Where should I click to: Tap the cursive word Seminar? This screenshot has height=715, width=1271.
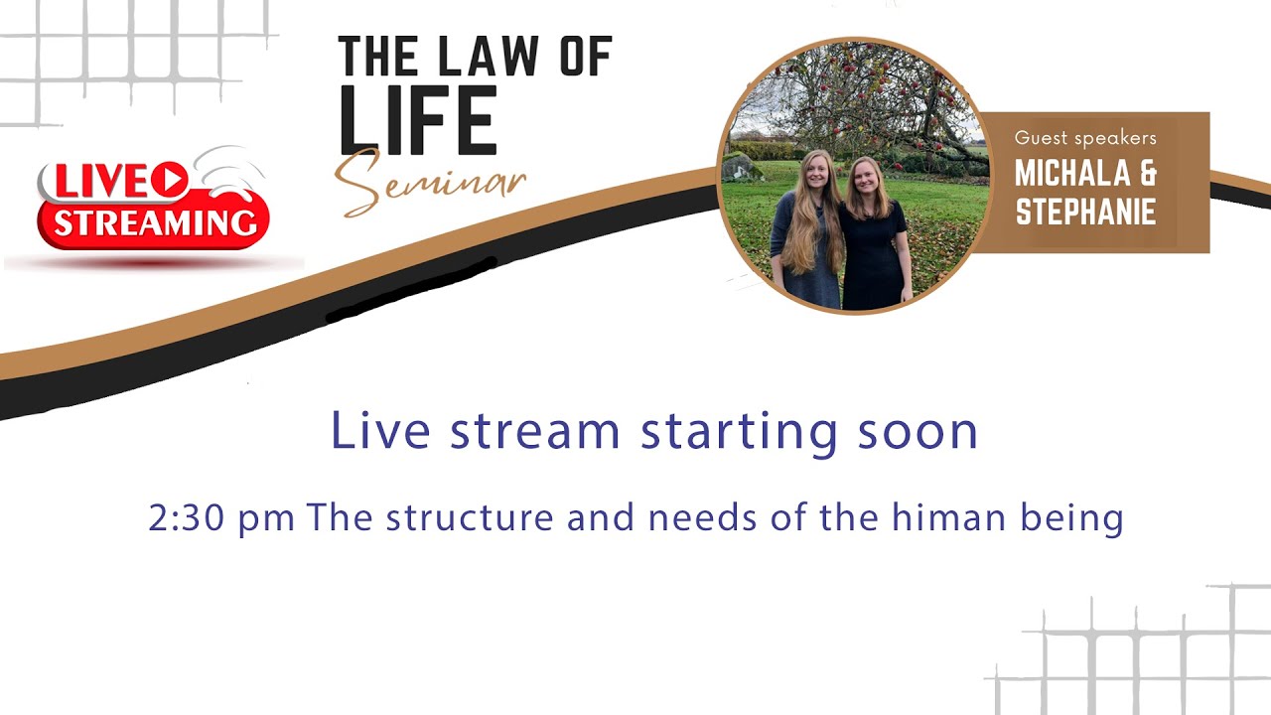pos(429,184)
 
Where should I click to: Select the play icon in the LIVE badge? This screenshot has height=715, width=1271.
pos(171,180)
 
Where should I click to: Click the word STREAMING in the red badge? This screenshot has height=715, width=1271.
pos(155,222)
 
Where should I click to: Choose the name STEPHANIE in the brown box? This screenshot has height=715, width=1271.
pos(1085,212)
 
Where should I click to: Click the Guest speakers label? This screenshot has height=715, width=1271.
pos(1085,138)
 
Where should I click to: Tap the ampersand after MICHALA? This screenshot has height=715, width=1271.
pos(1146,174)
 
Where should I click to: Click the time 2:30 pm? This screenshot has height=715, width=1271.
pos(220,517)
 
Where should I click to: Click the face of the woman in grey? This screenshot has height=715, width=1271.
pos(815,171)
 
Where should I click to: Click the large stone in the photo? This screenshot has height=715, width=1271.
pos(741,167)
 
